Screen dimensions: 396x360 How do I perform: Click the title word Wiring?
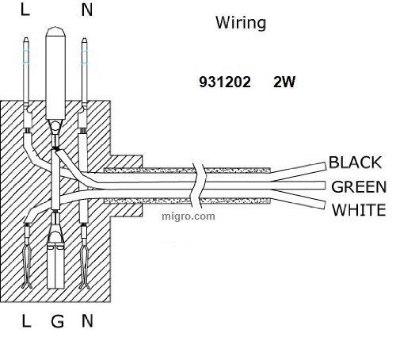point(241,23)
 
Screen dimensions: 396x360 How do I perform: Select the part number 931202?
point(225,82)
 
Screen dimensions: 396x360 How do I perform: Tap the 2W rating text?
point(284,82)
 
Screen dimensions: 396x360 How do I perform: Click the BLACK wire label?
point(355,163)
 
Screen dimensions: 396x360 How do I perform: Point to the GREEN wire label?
point(359,187)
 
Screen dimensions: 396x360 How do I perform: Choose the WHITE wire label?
point(359,210)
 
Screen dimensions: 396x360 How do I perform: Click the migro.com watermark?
point(188,216)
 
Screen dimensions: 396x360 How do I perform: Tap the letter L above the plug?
point(25,10)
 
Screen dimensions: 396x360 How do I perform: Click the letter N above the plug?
point(87,10)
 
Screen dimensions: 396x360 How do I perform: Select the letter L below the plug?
point(26,321)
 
